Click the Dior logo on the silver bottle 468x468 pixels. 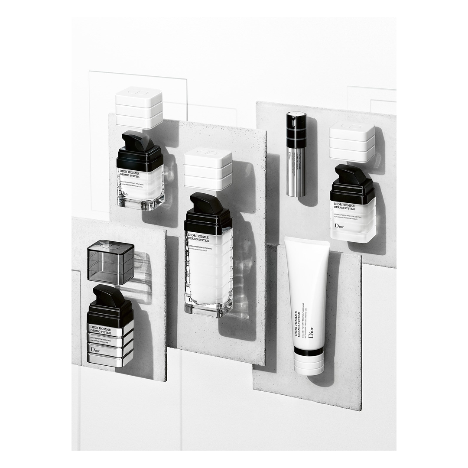[x=95, y=349]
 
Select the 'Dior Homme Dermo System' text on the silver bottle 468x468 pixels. [x=99, y=331]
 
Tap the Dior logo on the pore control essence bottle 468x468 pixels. [x=340, y=226]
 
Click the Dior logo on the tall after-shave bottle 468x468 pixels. [x=193, y=299]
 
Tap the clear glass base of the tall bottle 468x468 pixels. [x=208, y=309]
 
